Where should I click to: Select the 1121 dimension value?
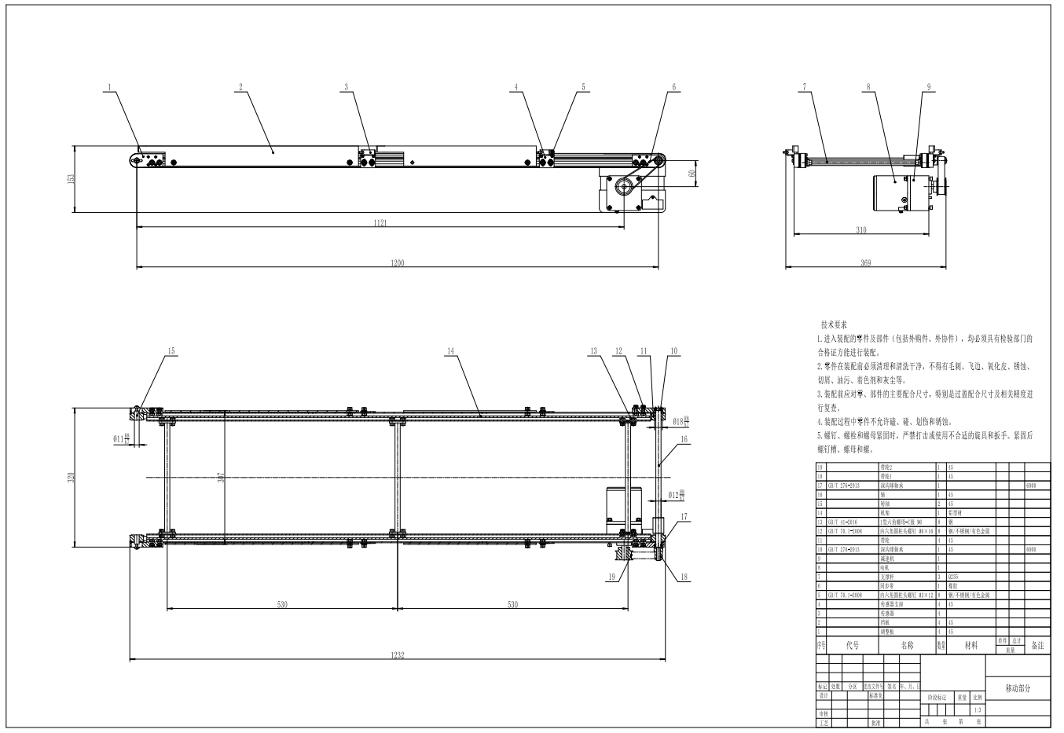coord(380,223)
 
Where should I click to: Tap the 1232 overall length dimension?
coord(398,656)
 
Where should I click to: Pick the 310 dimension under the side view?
coord(860,230)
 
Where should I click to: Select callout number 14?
coord(450,351)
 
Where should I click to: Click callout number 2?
coord(240,87)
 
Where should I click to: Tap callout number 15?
coord(172,350)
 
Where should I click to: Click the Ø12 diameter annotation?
coord(675,495)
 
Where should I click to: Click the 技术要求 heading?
coord(833,324)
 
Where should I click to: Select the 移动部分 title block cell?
coord(1017,688)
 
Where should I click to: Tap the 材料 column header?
coord(971,645)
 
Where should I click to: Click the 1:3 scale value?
coord(977,709)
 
